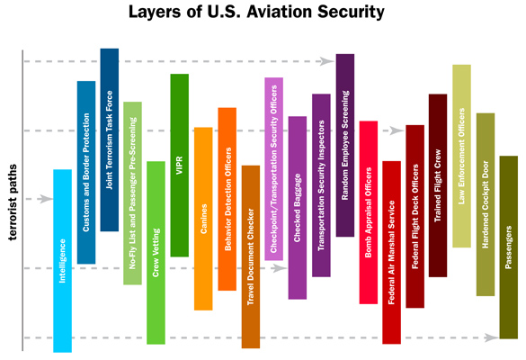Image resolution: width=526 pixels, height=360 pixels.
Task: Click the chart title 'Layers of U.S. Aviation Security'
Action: click(263, 13)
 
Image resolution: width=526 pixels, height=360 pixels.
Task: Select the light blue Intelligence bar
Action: click(62, 261)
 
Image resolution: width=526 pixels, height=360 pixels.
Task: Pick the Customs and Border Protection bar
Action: click(86, 172)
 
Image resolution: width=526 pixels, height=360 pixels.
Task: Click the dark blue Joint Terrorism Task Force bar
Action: click(110, 139)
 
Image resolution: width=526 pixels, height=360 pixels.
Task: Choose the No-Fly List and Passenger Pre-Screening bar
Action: click(133, 193)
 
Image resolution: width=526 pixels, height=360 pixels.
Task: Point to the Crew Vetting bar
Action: click(156, 252)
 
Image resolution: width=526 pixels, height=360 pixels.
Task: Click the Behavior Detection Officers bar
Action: click(227, 199)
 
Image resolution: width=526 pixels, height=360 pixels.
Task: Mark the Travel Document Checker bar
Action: click(250, 256)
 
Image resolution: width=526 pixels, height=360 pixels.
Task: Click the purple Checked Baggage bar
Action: click(298, 207)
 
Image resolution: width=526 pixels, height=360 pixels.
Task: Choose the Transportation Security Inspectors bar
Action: click(321, 184)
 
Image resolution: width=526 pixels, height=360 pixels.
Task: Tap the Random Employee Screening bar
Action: click(344, 145)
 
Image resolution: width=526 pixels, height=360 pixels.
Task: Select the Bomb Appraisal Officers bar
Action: click(368, 211)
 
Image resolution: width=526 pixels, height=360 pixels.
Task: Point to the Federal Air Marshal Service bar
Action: click(391, 252)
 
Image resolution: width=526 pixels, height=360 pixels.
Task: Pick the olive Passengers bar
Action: click(509, 247)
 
